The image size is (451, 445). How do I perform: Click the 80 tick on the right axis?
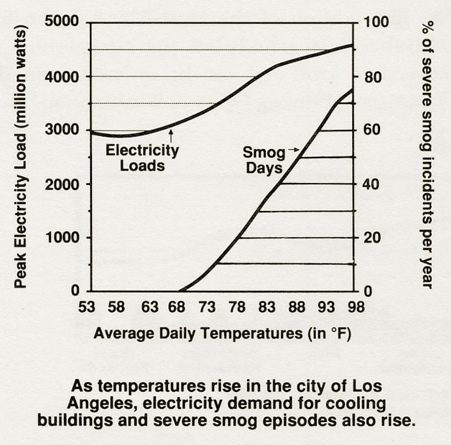(371, 77)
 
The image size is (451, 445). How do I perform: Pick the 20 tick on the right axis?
(371, 238)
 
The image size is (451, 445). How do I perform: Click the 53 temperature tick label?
(88, 307)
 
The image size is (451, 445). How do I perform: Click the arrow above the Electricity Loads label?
(171, 134)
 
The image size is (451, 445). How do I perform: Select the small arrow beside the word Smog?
(293, 150)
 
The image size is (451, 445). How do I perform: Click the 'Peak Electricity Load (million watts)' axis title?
(20, 157)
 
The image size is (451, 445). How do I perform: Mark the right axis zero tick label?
(368, 291)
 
